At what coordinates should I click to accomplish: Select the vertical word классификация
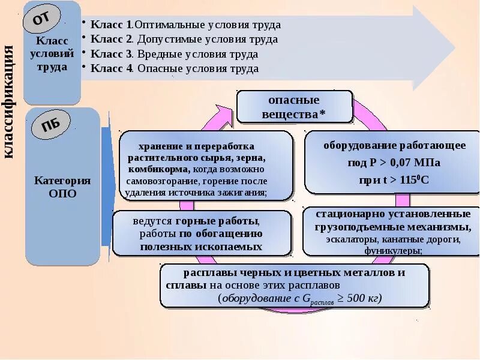[x=10, y=102]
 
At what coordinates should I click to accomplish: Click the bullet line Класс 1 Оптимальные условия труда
[x=185, y=25]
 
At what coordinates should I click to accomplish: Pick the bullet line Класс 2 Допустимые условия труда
[x=184, y=40]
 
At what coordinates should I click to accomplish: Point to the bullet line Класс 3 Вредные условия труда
[x=174, y=54]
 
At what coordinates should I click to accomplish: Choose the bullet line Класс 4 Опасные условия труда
[x=174, y=68]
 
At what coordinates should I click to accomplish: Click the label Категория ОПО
[x=62, y=187]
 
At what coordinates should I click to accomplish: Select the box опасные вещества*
[x=293, y=107]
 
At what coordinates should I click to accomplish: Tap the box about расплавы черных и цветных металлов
[x=294, y=285]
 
